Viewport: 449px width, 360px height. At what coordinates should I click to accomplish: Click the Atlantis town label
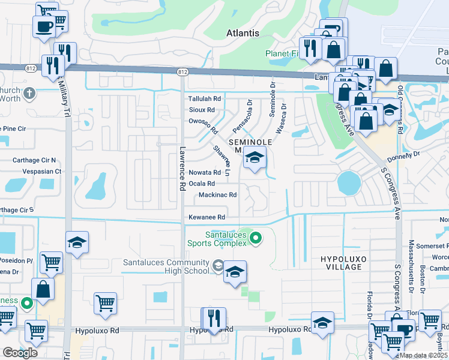pos(243,33)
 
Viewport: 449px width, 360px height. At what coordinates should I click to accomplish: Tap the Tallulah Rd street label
pos(205,98)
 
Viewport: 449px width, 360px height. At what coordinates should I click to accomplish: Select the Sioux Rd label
pos(202,110)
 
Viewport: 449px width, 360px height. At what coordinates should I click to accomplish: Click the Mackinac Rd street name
pos(217,195)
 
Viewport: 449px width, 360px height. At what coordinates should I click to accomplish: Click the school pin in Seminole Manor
pos(255,158)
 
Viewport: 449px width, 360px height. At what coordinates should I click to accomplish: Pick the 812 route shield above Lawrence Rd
pos(182,72)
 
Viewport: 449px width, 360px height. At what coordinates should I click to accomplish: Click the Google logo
pos(20,352)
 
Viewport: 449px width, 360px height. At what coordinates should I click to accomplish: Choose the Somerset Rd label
pos(435,246)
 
